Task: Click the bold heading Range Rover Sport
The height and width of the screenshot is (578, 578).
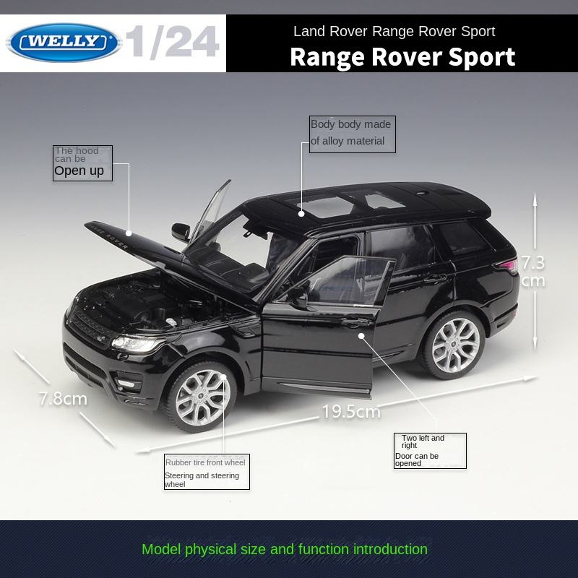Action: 402,56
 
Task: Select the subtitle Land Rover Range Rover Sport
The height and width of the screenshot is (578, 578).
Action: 394,31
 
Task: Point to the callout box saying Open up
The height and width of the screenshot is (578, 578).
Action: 82,163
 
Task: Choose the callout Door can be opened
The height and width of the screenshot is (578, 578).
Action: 430,450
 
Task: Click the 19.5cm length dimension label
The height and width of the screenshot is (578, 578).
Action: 351,412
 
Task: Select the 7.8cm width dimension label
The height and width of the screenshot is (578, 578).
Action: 63,398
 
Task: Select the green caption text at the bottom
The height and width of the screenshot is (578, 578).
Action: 285,549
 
